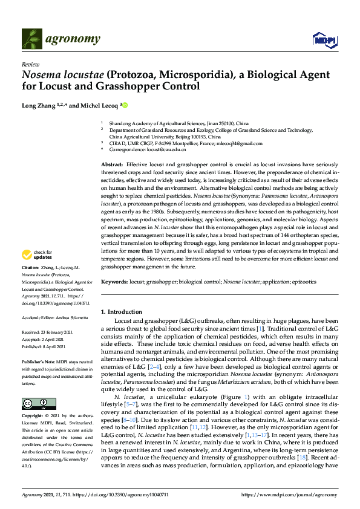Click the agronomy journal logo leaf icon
tap(32, 39)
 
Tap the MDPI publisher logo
tap(324, 40)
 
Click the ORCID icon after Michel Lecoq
tap(125, 105)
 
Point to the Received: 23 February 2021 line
tap(49, 332)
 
